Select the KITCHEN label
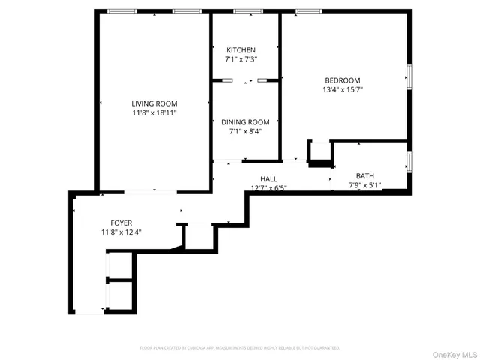click(x=241, y=50)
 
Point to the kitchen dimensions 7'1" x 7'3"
click(x=241, y=59)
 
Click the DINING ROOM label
click(x=244, y=122)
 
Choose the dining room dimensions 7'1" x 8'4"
click(x=244, y=131)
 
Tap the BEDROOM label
click(x=342, y=80)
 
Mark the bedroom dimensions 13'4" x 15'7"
click(x=342, y=89)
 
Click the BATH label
click(x=364, y=175)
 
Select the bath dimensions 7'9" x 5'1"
click(x=364, y=184)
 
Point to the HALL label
click(x=268, y=178)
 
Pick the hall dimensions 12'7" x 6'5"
click(x=268, y=187)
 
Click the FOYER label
click(x=121, y=223)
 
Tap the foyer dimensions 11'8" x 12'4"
click(x=121, y=232)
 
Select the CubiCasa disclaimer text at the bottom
click(x=240, y=348)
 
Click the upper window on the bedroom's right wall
click(x=409, y=77)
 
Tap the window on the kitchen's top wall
click(x=244, y=11)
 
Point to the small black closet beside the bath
click(x=320, y=153)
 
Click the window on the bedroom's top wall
click(x=308, y=11)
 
